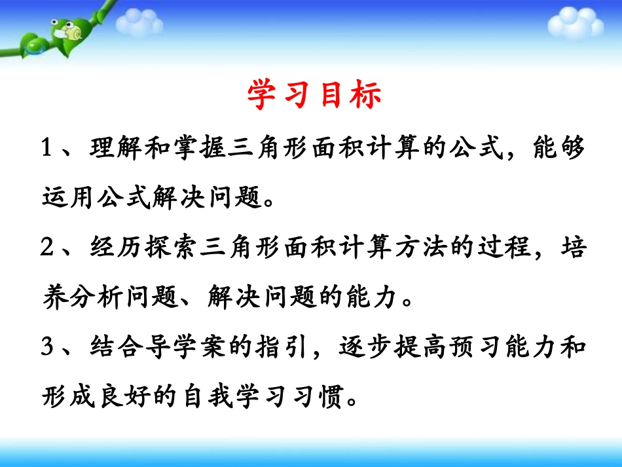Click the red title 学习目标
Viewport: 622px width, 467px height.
click(315, 96)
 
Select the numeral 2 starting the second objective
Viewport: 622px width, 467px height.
click(46, 248)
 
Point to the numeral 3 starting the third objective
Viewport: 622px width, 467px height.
click(46, 347)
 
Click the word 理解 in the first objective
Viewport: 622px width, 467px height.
click(119, 149)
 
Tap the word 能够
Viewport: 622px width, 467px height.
click(555, 149)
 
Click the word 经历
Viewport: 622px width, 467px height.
click(119, 248)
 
